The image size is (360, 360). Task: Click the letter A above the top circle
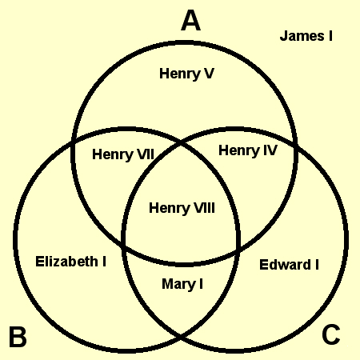tap(190, 21)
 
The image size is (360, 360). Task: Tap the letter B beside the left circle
tap(18, 337)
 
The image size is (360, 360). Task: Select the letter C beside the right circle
tap(331, 334)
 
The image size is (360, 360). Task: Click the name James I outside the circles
tap(306, 36)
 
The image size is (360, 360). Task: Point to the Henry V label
tap(186, 74)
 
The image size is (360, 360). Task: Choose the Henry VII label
tap(123, 154)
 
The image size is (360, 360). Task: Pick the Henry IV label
tap(248, 150)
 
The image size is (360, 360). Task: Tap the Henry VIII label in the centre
tap(182, 208)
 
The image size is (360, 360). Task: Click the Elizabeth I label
tap(70, 262)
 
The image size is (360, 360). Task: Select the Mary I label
tap(182, 284)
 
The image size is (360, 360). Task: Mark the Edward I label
tap(289, 265)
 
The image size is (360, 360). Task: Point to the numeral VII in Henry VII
tap(146, 154)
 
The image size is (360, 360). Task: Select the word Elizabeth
tap(66, 262)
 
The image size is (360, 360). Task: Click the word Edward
tap(285, 265)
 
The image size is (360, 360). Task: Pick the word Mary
tap(178, 284)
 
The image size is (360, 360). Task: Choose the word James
tap(302, 36)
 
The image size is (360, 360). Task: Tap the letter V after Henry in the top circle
tap(208, 74)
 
